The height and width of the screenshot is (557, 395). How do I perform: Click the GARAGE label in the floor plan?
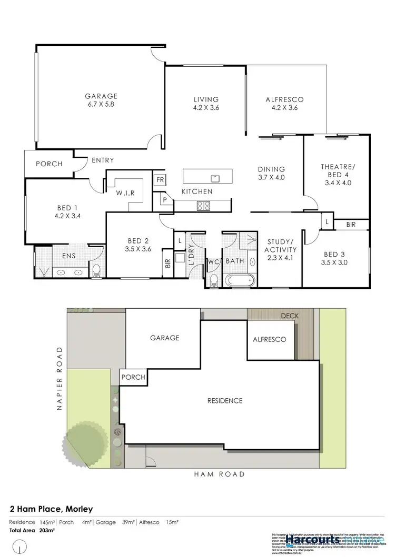[101, 96]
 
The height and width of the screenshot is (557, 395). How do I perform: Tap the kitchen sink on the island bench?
[215, 178]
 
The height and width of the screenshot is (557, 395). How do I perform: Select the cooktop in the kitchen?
[204, 206]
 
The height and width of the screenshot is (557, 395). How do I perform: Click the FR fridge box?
[159, 179]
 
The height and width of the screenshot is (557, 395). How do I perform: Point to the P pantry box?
[164, 200]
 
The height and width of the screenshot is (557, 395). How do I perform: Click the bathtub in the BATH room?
[240, 278]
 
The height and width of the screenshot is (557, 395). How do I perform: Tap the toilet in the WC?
[213, 279]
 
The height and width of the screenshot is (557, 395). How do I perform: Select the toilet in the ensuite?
[96, 271]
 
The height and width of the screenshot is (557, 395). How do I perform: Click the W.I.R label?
[126, 193]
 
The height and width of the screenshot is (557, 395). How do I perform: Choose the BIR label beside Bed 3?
[351, 224]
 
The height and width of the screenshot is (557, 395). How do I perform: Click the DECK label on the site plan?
[289, 316]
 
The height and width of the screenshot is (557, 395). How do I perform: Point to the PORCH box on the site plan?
[133, 377]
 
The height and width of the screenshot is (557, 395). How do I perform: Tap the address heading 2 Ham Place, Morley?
[51, 509]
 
